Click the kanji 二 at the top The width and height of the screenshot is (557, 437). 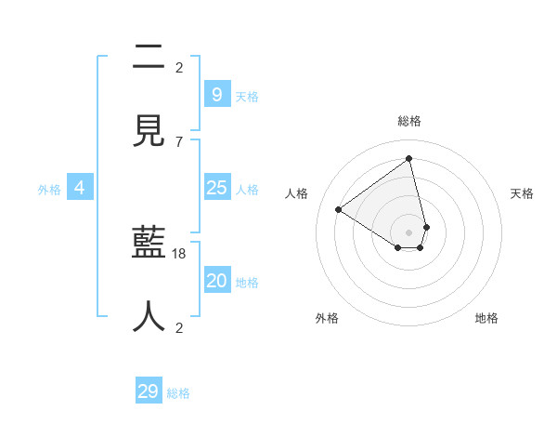click(149, 59)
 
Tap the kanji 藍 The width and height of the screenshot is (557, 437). click(149, 244)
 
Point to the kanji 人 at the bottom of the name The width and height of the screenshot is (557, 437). click(149, 316)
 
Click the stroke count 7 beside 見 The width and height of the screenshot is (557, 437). click(179, 141)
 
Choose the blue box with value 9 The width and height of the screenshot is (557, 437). click(216, 94)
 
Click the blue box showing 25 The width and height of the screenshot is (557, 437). click(216, 188)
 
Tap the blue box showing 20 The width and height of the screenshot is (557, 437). click(216, 281)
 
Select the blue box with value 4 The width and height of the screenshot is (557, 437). click(80, 188)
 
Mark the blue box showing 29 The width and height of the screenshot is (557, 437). click(149, 391)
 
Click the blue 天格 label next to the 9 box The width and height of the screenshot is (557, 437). click(247, 96)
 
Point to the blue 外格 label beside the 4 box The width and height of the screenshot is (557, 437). click(49, 190)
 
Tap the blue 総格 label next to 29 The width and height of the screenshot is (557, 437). click(178, 393)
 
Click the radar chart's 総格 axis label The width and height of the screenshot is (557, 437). click(409, 122)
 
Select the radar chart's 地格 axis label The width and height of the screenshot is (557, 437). click(486, 319)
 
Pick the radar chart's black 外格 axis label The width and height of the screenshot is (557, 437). click(327, 319)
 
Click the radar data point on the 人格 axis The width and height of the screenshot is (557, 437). click(338, 209)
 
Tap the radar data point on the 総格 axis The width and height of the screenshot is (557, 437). click(409, 159)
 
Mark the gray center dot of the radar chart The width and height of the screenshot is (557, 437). click(409, 232)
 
